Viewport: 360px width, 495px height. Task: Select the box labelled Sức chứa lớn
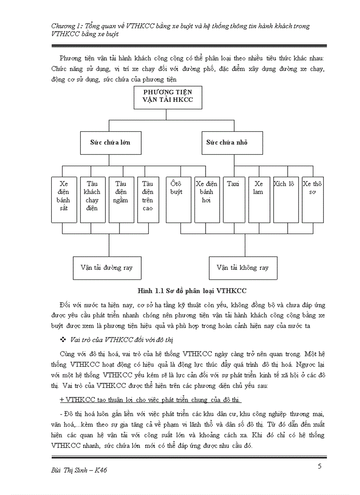point(110,142)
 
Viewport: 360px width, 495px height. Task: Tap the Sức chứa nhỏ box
point(227,142)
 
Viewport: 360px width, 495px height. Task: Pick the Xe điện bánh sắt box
point(64,199)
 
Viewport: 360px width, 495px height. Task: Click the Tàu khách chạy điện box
point(92,199)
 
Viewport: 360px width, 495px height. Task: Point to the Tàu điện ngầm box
point(121,199)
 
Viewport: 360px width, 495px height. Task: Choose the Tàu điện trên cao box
point(148,199)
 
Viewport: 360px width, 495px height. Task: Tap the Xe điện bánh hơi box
point(206,199)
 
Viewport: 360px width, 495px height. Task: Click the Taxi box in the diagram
point(233,199)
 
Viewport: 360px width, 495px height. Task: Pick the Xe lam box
point(259,199)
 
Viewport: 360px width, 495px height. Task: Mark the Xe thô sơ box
point(312,199)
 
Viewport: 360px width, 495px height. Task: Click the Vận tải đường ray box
point(107,268)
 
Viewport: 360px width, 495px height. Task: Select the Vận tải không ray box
point(243,268)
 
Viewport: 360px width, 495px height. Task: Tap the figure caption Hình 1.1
point(192,290)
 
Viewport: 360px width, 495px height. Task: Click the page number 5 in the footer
point(319,467)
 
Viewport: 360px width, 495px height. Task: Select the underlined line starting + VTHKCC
point(150,399)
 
